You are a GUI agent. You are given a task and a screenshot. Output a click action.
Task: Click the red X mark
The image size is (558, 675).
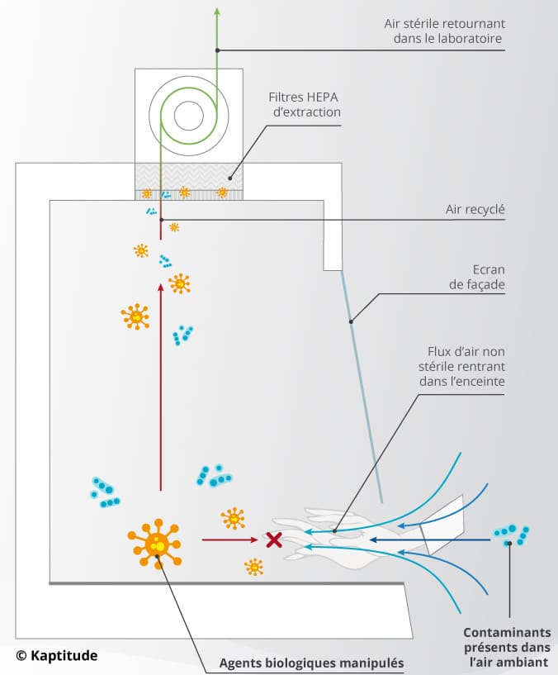click(273, 540)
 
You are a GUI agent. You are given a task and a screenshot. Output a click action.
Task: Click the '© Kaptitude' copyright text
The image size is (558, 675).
click(56, 655)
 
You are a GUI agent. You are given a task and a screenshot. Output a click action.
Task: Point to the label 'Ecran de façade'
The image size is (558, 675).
click(483, 278)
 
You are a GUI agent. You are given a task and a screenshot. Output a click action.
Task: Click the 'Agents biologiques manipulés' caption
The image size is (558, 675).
click(312, 663)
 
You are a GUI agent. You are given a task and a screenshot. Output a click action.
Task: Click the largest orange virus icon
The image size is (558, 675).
click(155, 544)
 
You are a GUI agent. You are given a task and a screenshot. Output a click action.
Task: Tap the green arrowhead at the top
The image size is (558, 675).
click(217, 10)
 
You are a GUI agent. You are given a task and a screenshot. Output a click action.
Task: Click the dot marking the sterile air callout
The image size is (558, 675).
click(217, 50)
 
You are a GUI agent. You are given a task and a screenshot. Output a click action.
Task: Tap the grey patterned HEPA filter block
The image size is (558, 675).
click(189, 176)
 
